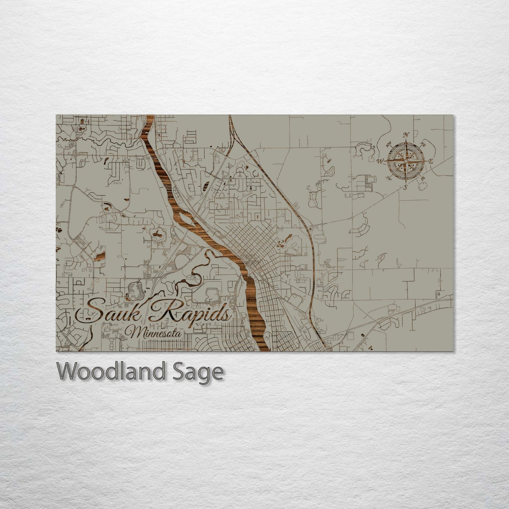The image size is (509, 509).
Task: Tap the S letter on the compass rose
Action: [x=405, y=187]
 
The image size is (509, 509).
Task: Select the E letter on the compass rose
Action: [x=430, y=161]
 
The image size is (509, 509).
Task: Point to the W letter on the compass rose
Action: [x=380, y=161]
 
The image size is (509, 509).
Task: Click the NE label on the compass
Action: [x=423, y=144]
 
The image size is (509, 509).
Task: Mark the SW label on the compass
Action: [x=389, y=178]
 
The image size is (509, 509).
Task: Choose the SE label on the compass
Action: [x=423, y=178]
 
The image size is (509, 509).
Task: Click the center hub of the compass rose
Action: [x=406, y=161]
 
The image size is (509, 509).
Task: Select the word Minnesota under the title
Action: [x=154, y=332]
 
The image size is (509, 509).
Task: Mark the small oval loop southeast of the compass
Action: [x=421, y=187]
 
